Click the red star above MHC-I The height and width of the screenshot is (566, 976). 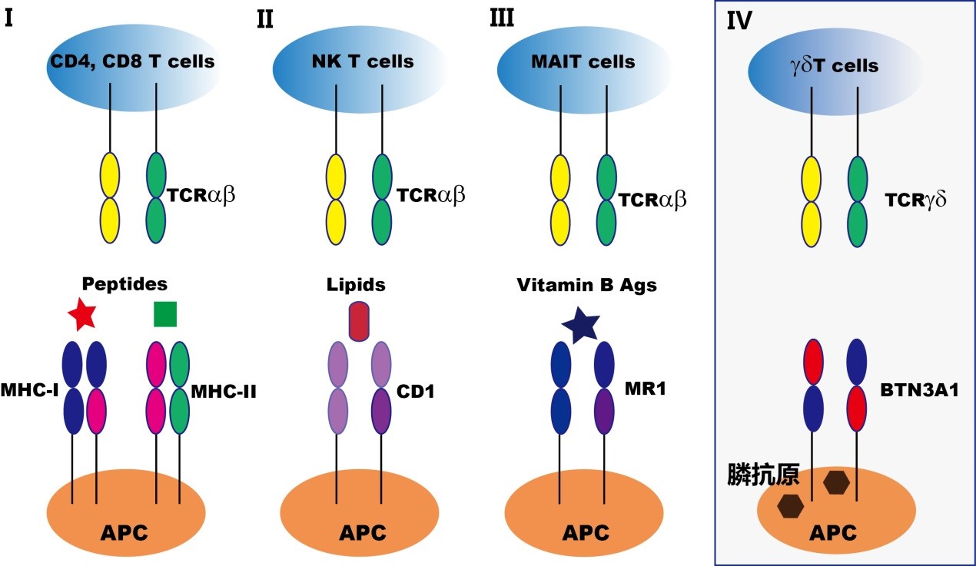[x=82, y=314]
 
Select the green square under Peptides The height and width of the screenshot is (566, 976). [x=165, y=313]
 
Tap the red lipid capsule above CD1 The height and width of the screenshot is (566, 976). [x=360, y=320]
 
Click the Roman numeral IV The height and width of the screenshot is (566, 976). [x=740, y=22]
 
